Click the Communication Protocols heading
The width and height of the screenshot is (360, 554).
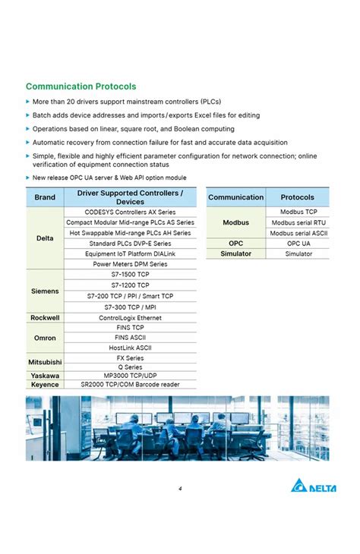coord(81,87)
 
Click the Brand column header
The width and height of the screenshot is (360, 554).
coord(45,198)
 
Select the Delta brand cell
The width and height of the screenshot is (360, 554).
coord(45,238)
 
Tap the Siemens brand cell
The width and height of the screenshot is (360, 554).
coord(45,291)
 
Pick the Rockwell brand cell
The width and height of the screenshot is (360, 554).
coord(45,318)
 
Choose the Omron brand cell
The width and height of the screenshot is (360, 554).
coord(45,338)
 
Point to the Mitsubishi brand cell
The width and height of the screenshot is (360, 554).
coord(45,363)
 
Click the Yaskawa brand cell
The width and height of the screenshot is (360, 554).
coord(45,376)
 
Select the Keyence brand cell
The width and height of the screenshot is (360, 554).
coord(45,385)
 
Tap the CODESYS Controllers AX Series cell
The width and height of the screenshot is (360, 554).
coord(130,212)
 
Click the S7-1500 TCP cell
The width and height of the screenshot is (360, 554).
coord(130,275)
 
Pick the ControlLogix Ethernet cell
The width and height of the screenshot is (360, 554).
coord(130,318)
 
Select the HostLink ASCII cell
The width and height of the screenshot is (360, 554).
coord(130,348)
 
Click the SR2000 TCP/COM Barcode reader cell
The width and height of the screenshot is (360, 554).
coord(130,385)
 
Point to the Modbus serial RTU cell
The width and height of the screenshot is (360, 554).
coord(298,223)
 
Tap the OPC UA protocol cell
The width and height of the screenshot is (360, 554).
coord(298,244)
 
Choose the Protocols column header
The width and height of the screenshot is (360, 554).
coord(297,197)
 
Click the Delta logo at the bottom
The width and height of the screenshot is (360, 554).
coord(312,487)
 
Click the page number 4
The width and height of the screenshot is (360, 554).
coord(180,489)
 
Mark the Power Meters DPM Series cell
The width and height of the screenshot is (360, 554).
coord(130,264)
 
